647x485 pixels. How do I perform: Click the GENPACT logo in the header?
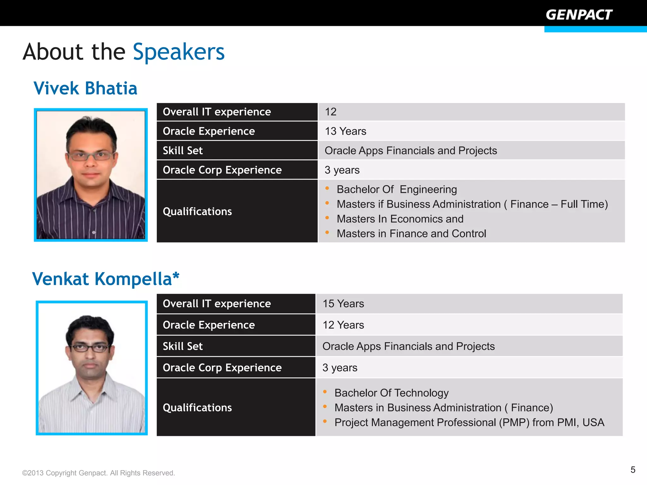(x=579, y=15)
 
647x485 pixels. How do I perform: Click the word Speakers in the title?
(x=178, y=52)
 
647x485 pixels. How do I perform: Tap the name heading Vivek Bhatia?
(x=85, y=88)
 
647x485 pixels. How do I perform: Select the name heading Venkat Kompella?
(x=106, y=279)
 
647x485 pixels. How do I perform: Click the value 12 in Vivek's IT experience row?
(x=330, y=112)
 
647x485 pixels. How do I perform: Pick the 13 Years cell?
(x=345, y=131)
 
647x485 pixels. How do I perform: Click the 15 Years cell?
(x=343, y=304)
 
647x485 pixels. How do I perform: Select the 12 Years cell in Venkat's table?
(x=343, y=325)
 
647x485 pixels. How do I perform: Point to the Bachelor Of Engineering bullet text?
(x=396, y=189)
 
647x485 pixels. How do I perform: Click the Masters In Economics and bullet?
(x=400, y=219)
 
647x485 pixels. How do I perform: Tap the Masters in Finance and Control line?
(x=411, y=234)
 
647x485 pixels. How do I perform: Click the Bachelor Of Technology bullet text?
(x=391, y=393)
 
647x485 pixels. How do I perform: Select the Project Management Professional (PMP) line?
(x=469, y=422)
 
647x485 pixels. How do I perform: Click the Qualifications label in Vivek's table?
(x=197, y=212)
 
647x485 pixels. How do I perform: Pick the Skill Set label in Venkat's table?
(x=183, y=346)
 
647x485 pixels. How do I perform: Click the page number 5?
(x=633, y=470)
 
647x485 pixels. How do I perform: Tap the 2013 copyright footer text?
(x=98, y=473)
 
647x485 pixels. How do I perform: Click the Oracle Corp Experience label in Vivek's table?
(x=222, y=170)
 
